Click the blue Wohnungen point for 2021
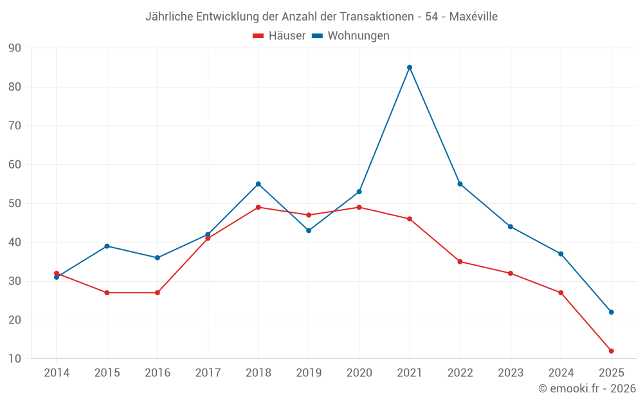410,68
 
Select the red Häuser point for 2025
611,351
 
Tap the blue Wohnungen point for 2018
258,184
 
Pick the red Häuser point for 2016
158,293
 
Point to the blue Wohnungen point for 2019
309,230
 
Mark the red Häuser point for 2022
460,262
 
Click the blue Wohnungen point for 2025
611,312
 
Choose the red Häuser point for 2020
359,207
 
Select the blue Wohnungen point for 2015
107,246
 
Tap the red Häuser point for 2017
208,238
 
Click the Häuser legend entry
279,36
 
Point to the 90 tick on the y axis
15,48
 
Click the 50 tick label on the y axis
15,204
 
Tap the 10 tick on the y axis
15,359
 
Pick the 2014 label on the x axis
57,373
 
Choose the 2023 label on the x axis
511,373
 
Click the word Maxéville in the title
473,17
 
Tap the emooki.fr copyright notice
587,388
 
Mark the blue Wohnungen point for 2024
561,254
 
